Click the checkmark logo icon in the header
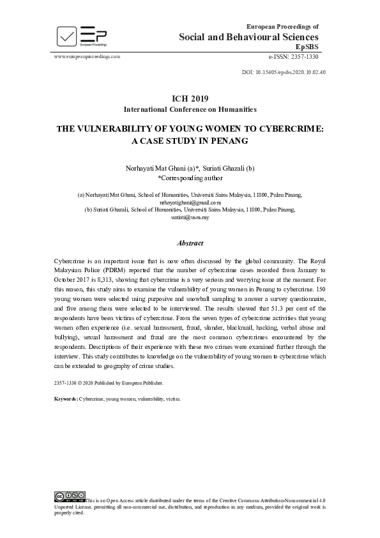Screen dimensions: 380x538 (66, 36)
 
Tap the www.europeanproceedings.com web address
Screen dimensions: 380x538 (87, 56)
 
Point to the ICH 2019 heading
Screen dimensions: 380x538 (190, 98)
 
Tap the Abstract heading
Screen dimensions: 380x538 (190, 243)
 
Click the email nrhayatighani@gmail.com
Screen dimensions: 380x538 (190, 201)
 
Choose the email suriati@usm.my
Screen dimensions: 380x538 (190, 217)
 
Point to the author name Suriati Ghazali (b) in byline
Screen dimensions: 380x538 (228, 167)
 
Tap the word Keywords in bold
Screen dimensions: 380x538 (66, 397)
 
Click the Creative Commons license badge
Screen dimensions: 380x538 (70, 496)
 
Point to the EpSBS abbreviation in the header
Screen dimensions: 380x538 (307, 47)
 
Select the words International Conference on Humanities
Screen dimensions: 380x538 (190, 109)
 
